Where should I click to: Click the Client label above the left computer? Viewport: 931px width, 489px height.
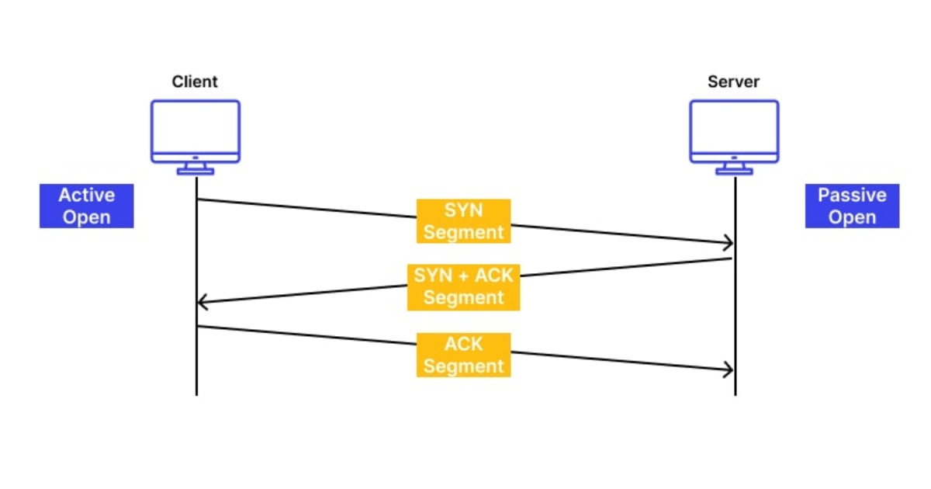(195, 81)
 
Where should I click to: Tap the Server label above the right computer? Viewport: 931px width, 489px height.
(733, 81)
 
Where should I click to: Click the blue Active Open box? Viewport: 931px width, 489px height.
(87, 206)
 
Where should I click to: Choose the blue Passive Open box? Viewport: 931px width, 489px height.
(852, 206)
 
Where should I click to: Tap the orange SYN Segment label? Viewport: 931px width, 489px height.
(464, 221)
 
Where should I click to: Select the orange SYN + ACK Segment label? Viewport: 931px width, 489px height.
(463, 286)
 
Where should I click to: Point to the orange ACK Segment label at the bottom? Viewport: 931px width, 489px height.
(464, 355)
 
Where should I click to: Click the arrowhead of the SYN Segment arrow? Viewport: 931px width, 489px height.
(730, 244)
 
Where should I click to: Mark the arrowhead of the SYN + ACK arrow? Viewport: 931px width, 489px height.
(201, 301)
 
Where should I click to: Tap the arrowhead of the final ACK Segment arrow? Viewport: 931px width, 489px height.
(730, 370)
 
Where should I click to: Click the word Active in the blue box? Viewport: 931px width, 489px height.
(87, 195)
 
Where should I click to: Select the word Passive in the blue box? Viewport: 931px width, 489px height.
(852, 195)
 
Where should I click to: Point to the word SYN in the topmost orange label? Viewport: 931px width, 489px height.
(464, 210)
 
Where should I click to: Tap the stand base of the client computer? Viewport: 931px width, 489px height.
(196, 172)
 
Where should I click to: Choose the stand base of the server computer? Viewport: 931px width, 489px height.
(734, 172)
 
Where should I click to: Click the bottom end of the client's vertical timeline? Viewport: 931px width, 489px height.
(196, 394)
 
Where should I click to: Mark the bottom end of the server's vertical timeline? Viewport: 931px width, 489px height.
(735, 394)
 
